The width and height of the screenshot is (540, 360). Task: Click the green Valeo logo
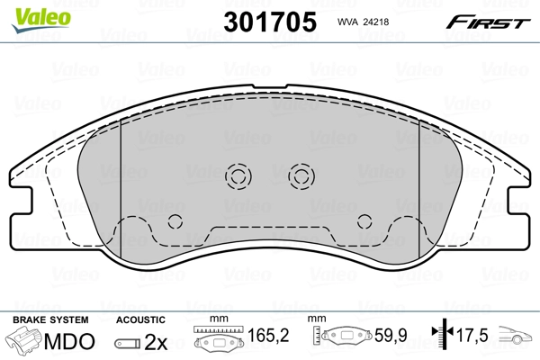(41, 20)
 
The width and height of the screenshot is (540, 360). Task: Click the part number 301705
(270, 22)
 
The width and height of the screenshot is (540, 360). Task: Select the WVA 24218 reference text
(363, 22)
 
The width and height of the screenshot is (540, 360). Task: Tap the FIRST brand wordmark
(488, 22)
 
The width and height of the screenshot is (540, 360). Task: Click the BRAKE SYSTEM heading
(50, 319)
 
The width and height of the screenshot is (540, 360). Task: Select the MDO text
(69, 341)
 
